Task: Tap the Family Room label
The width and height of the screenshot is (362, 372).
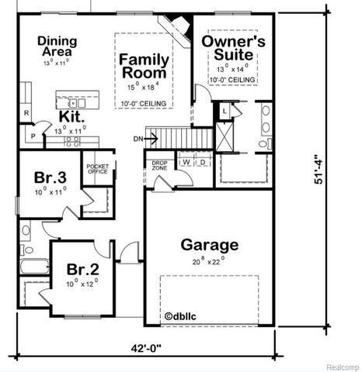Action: (144, 65)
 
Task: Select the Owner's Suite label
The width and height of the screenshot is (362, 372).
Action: (234, 48)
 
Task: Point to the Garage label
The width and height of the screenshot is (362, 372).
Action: (209, 245)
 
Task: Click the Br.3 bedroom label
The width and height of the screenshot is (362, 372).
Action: (49, 177)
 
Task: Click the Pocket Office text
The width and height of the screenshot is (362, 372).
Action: (97, 169)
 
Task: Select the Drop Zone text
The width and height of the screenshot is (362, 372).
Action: (159, 165)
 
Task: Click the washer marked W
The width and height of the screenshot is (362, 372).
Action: (187, 162)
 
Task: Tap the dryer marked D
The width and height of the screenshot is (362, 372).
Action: (202, 162)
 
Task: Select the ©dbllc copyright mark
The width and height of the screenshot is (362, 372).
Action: (183, 315)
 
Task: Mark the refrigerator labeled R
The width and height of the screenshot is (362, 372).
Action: (26, 114)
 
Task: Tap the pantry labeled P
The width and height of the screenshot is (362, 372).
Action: (33, 136)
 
